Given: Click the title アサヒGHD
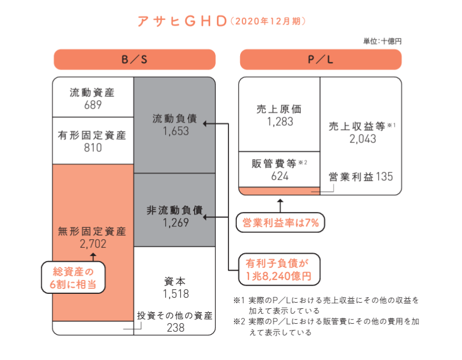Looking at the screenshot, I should point(181,21).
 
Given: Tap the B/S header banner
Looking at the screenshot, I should point(134,60).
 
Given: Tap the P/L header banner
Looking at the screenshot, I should point(320,60).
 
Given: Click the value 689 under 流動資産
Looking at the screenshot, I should point(93,105).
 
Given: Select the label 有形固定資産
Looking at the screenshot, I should point(92,135).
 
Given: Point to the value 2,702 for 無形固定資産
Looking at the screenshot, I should point(93,243).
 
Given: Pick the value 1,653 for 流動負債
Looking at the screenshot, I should point(176,131).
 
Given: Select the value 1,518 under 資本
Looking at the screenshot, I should point(176,293).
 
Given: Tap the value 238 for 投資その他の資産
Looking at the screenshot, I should point(175,328).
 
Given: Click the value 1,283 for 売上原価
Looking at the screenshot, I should point(280,121).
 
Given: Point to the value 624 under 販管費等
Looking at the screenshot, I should point(280,176).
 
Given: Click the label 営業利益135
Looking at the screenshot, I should point(360,177).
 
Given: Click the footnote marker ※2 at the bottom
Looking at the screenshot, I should point(239,322).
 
